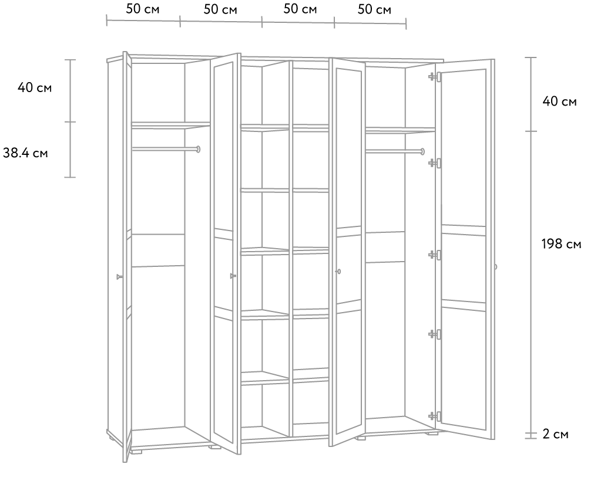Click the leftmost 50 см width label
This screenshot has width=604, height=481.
[x=143, y=9]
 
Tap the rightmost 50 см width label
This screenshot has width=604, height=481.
[x=374, y=9]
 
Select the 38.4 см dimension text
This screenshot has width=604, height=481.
[x=25, y=153]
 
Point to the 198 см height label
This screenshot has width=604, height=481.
[x=561, y=244]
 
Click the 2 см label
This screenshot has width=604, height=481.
[x=555, y=433]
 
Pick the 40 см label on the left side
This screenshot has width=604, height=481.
[x=34, y=87]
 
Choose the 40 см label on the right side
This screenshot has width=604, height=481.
[x=559, y=101]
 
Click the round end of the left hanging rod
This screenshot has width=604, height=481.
[x=198, y=149]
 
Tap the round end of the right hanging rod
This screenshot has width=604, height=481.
[x=422, y=151]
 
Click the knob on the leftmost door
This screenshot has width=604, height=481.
[x=119, y=276]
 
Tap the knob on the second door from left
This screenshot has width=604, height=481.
[x=233, y=276]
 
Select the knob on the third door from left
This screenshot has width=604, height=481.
[x=338, y=272]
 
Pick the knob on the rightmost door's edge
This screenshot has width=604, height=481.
[x=495, y=267]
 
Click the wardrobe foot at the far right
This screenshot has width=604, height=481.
[x=432, y=433]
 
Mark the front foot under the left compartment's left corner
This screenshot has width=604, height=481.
[x=136, y=452]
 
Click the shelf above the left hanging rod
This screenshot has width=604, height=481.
[x=171, y=125]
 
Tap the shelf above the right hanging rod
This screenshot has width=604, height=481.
[x=401, y=131]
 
